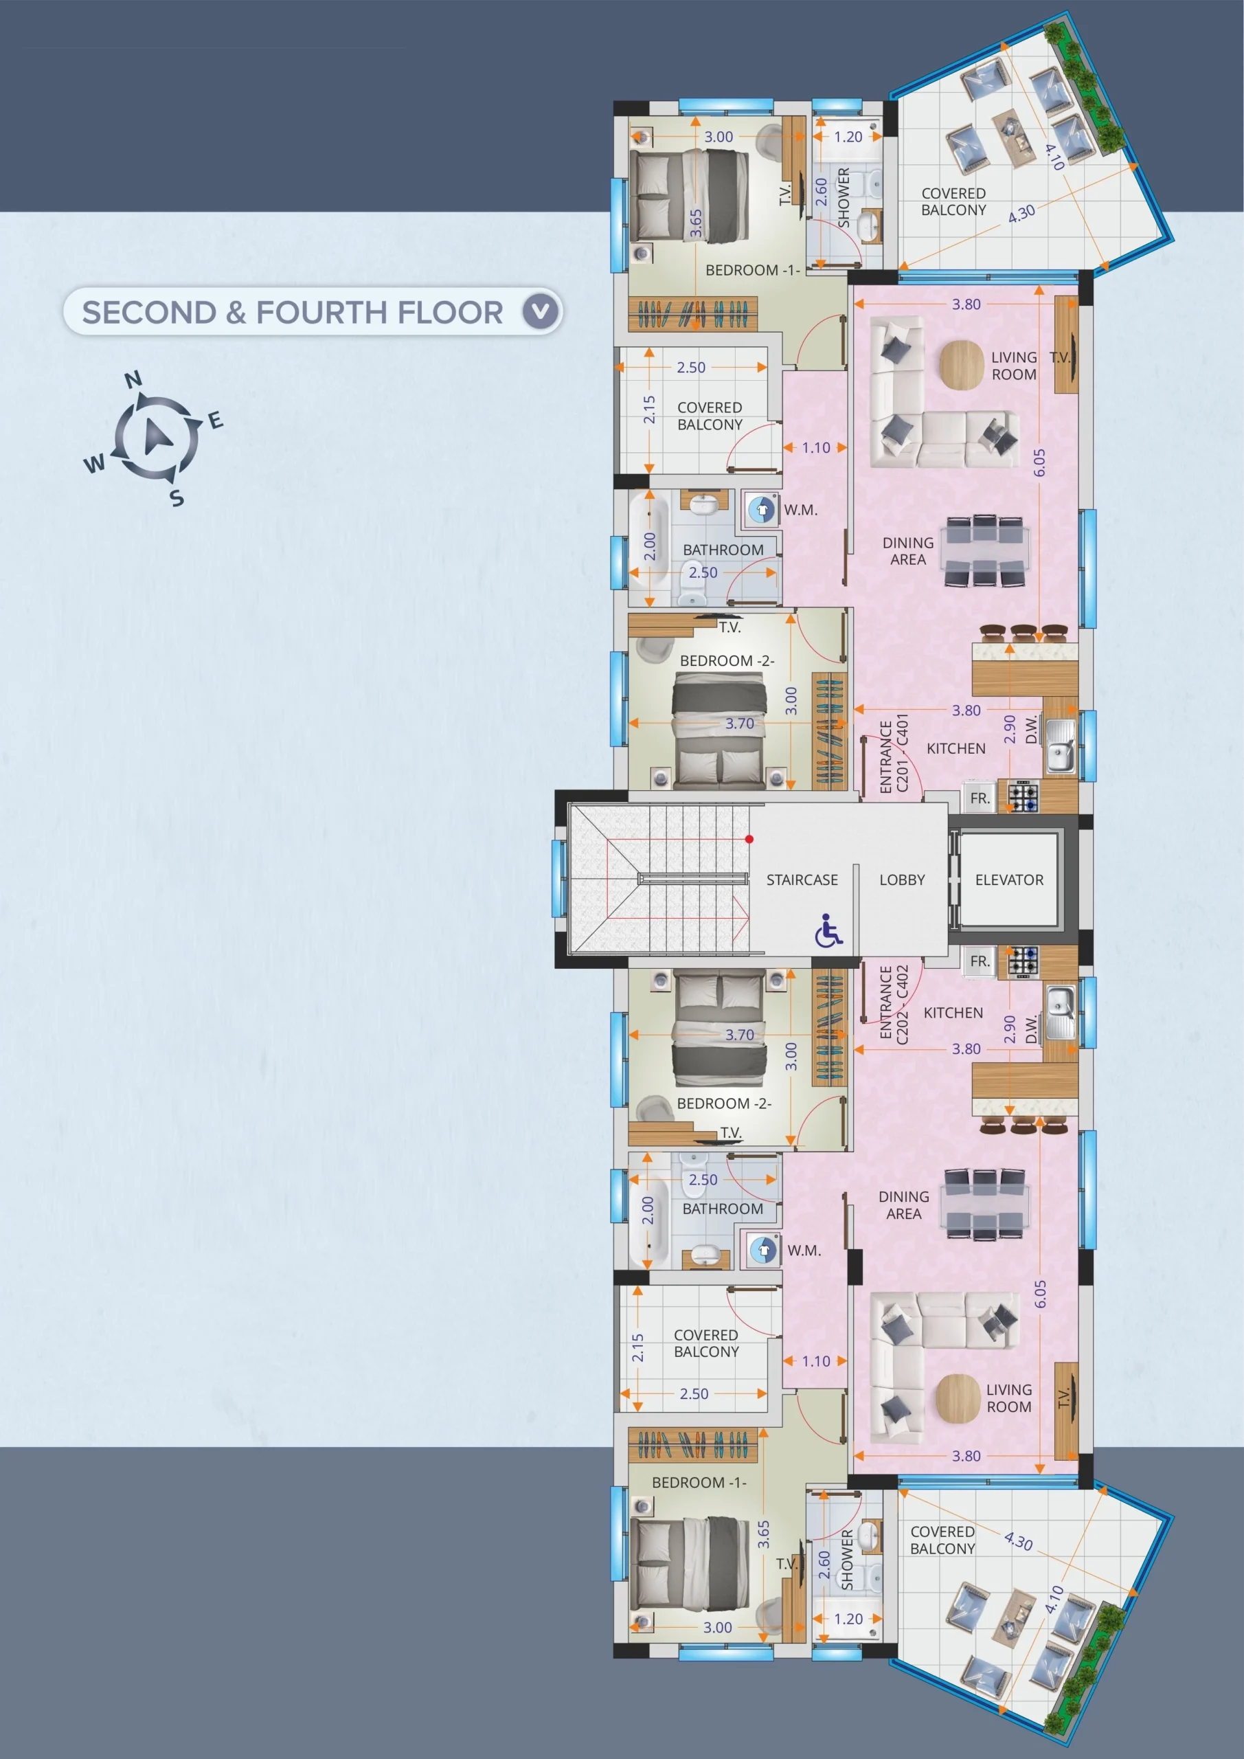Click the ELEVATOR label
tap(1009, 879)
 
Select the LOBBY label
tap(902, 879)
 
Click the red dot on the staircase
tap(749, 839)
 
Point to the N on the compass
tap(133, 379)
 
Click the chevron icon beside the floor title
tap(541, 311)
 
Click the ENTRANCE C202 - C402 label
tap(893, 1004)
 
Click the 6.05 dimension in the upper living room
tap(1039, 462)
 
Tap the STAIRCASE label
tap(802, 879)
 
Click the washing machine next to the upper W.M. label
tap(760, 509)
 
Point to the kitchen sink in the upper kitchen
tap(1061, 746)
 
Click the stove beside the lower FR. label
tap(1023, 962)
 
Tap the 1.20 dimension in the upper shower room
tap(848, 137)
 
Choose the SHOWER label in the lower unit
tap(847, 1560)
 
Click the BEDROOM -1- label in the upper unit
tap(752, 271)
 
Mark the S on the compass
tap(177, 498)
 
